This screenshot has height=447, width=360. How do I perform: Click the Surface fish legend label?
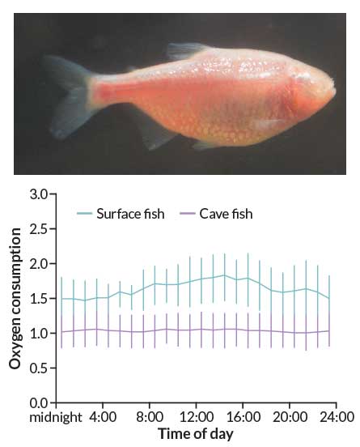[130, 214]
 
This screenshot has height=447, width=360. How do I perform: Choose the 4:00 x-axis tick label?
[103, 419]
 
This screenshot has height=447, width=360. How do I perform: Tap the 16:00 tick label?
[244, 419]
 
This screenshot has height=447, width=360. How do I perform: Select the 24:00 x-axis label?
[337, 419]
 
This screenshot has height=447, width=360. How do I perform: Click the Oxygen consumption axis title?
[15, 299]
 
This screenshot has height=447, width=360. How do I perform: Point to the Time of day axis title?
[195, 435]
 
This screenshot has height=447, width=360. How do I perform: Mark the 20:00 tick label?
[290, 419]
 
